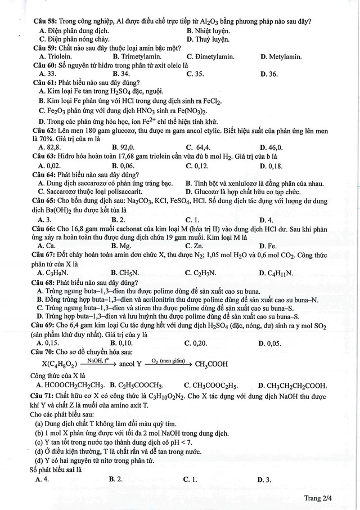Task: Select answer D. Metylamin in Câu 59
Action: (x=281, y=56)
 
